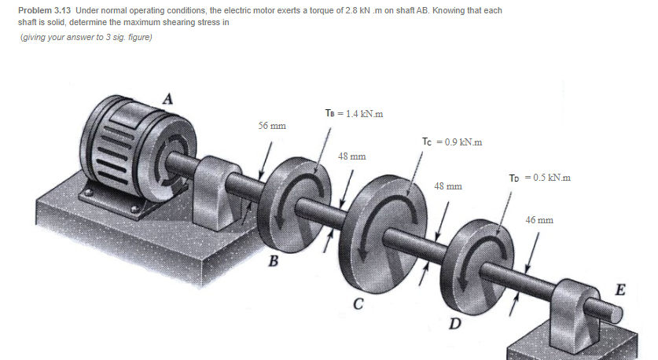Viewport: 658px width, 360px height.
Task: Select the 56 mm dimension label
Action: click(272, 126)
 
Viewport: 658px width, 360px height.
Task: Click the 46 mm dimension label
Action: click(539, 220)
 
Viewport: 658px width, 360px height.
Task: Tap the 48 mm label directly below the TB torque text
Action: click(351, 156)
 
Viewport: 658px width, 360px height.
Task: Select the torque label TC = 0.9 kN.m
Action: click(451, 141)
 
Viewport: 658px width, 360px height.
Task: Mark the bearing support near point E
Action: click(578, 310)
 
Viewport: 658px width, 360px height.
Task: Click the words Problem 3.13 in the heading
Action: click(44, 10)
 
